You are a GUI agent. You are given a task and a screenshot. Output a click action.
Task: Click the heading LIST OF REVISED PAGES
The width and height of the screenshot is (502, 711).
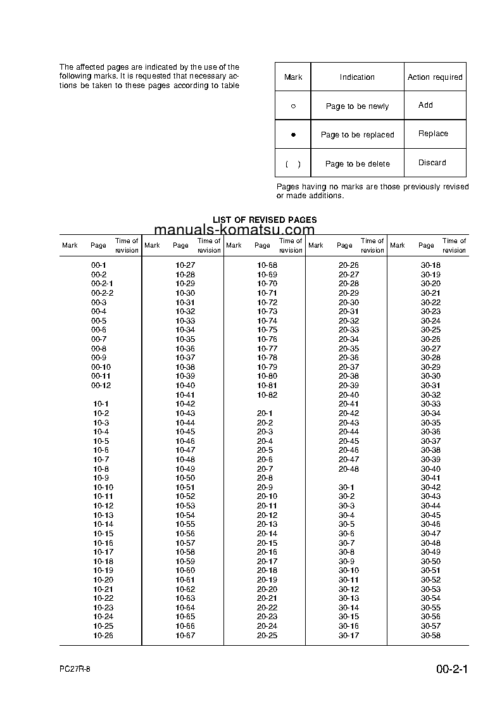pyautogui.click(x=265, y=220)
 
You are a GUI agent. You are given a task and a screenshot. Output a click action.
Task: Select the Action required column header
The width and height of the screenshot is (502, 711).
pyautogui.click(x=435, y=77)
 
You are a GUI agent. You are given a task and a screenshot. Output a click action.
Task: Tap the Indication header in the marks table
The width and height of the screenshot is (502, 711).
pyautogui.click(x=357, y=77)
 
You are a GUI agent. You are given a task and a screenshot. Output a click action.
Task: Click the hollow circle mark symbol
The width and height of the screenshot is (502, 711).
pyautogui.click(x=293, y=106)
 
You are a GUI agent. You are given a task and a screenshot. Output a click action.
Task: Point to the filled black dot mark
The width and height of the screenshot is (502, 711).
pyautogui.click(x=293, y=135)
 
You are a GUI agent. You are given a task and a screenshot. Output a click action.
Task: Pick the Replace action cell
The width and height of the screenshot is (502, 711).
pyautogui.click(x=433, y=134)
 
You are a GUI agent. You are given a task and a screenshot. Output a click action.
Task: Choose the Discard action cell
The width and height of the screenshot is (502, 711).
pyautogui.click(x=432, y=163)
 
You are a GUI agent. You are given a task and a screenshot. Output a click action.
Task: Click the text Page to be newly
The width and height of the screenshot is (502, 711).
pyautogui.click(x=357, y=106)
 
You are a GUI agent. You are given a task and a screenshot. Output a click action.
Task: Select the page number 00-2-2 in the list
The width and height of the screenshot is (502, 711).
pyautogui.click(x=103, y=293)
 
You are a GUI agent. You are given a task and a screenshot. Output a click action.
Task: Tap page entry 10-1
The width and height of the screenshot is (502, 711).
pyautogui.click(x=101, y=404)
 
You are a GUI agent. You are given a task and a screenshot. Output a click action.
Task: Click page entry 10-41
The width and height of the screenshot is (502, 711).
pyautogui.click(x=185, y=395)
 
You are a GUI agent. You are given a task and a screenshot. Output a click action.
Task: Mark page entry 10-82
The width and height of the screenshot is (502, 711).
pyautogui.click(x=267, y=395)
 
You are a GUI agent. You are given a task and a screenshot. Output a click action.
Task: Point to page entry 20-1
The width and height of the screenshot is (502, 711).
pyautogui.click(x=265, y=413)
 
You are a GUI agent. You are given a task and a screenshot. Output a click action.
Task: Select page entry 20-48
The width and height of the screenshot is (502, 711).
pyautogui.click(x=349, y=469)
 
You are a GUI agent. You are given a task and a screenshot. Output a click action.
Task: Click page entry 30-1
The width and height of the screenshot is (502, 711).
pyautogui.click(x=346, y=488)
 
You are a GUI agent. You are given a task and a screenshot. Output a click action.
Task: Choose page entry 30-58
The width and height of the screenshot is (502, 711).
pyautogui.click(x=430, y=636)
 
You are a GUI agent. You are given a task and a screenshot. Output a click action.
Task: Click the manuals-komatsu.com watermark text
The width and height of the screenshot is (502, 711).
pyautogui.click(x=234, y=230)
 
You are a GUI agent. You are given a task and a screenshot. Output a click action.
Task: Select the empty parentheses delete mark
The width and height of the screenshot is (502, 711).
pyautogui.click(x=293, y=164)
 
